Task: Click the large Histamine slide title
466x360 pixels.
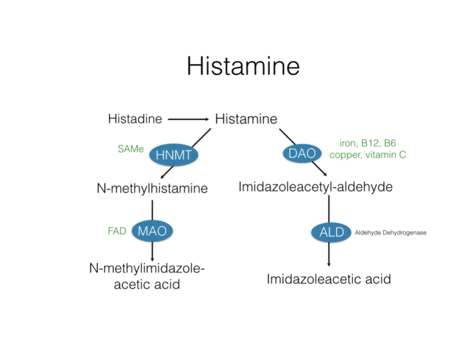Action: point(243,65)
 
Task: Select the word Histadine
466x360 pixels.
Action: point(135,119)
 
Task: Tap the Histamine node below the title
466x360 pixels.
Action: point(246,119)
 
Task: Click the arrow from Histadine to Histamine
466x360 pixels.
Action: point(188,119)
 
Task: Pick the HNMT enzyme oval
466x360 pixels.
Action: point(173,155)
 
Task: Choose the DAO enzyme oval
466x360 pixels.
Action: point(303,153)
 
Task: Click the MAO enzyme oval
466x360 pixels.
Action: point(152,231)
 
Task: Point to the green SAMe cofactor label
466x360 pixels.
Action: point(131,148)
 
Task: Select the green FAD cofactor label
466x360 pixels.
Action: point(116,231)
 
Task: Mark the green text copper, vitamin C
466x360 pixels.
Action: point(367,155)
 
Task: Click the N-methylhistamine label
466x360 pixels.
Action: point(152,188)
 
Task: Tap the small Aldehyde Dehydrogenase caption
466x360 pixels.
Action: point(390,232)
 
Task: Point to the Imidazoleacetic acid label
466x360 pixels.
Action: point(328,278)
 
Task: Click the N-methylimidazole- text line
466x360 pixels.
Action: point(147,269)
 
